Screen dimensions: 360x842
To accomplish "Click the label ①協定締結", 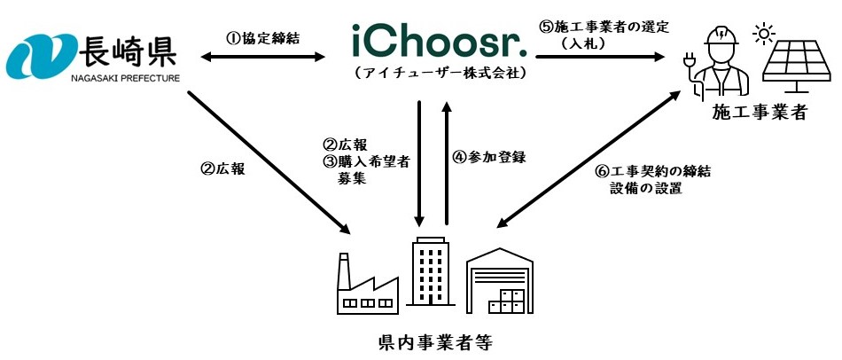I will [x=260, y=39].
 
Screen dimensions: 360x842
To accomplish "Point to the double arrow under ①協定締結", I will [x=260, y=58].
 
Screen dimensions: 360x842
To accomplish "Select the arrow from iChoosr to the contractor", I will [x=602, y=58].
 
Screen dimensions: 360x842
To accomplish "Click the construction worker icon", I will [x=715, y=60].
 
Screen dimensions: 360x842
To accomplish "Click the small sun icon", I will [x=760, y=35].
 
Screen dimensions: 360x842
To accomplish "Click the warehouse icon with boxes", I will [x=500, y=280].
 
